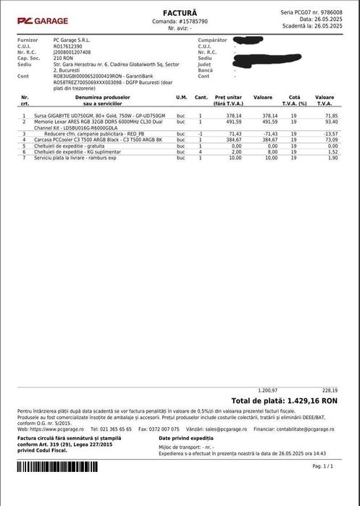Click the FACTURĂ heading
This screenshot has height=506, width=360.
(x=179, y=13)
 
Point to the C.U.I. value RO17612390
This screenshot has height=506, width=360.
(x=68, y=45)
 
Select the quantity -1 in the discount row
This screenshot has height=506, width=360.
(x=201, y=134)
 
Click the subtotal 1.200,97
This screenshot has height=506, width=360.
(x=268, y=389)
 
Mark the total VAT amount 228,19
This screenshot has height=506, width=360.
(x=330, y=389)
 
